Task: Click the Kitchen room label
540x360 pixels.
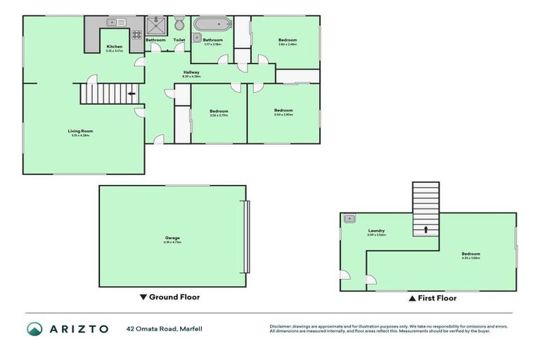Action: click(x=115, y=47)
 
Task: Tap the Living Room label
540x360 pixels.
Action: click(x=80, y=131)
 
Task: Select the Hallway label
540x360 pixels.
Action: click(x=191, y=72)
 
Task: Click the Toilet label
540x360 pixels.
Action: click(x=179, y=40)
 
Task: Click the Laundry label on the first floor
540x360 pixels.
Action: click(x=376, y=231)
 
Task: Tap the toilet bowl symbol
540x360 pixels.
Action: click(x=179, y=23)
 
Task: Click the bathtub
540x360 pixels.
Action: click(x=212, y=24)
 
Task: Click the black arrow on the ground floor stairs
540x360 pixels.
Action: click(x=131, y=93)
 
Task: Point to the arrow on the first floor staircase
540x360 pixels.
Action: click(x=425, y=229)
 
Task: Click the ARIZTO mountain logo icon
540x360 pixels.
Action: click(x=34, y=328)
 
